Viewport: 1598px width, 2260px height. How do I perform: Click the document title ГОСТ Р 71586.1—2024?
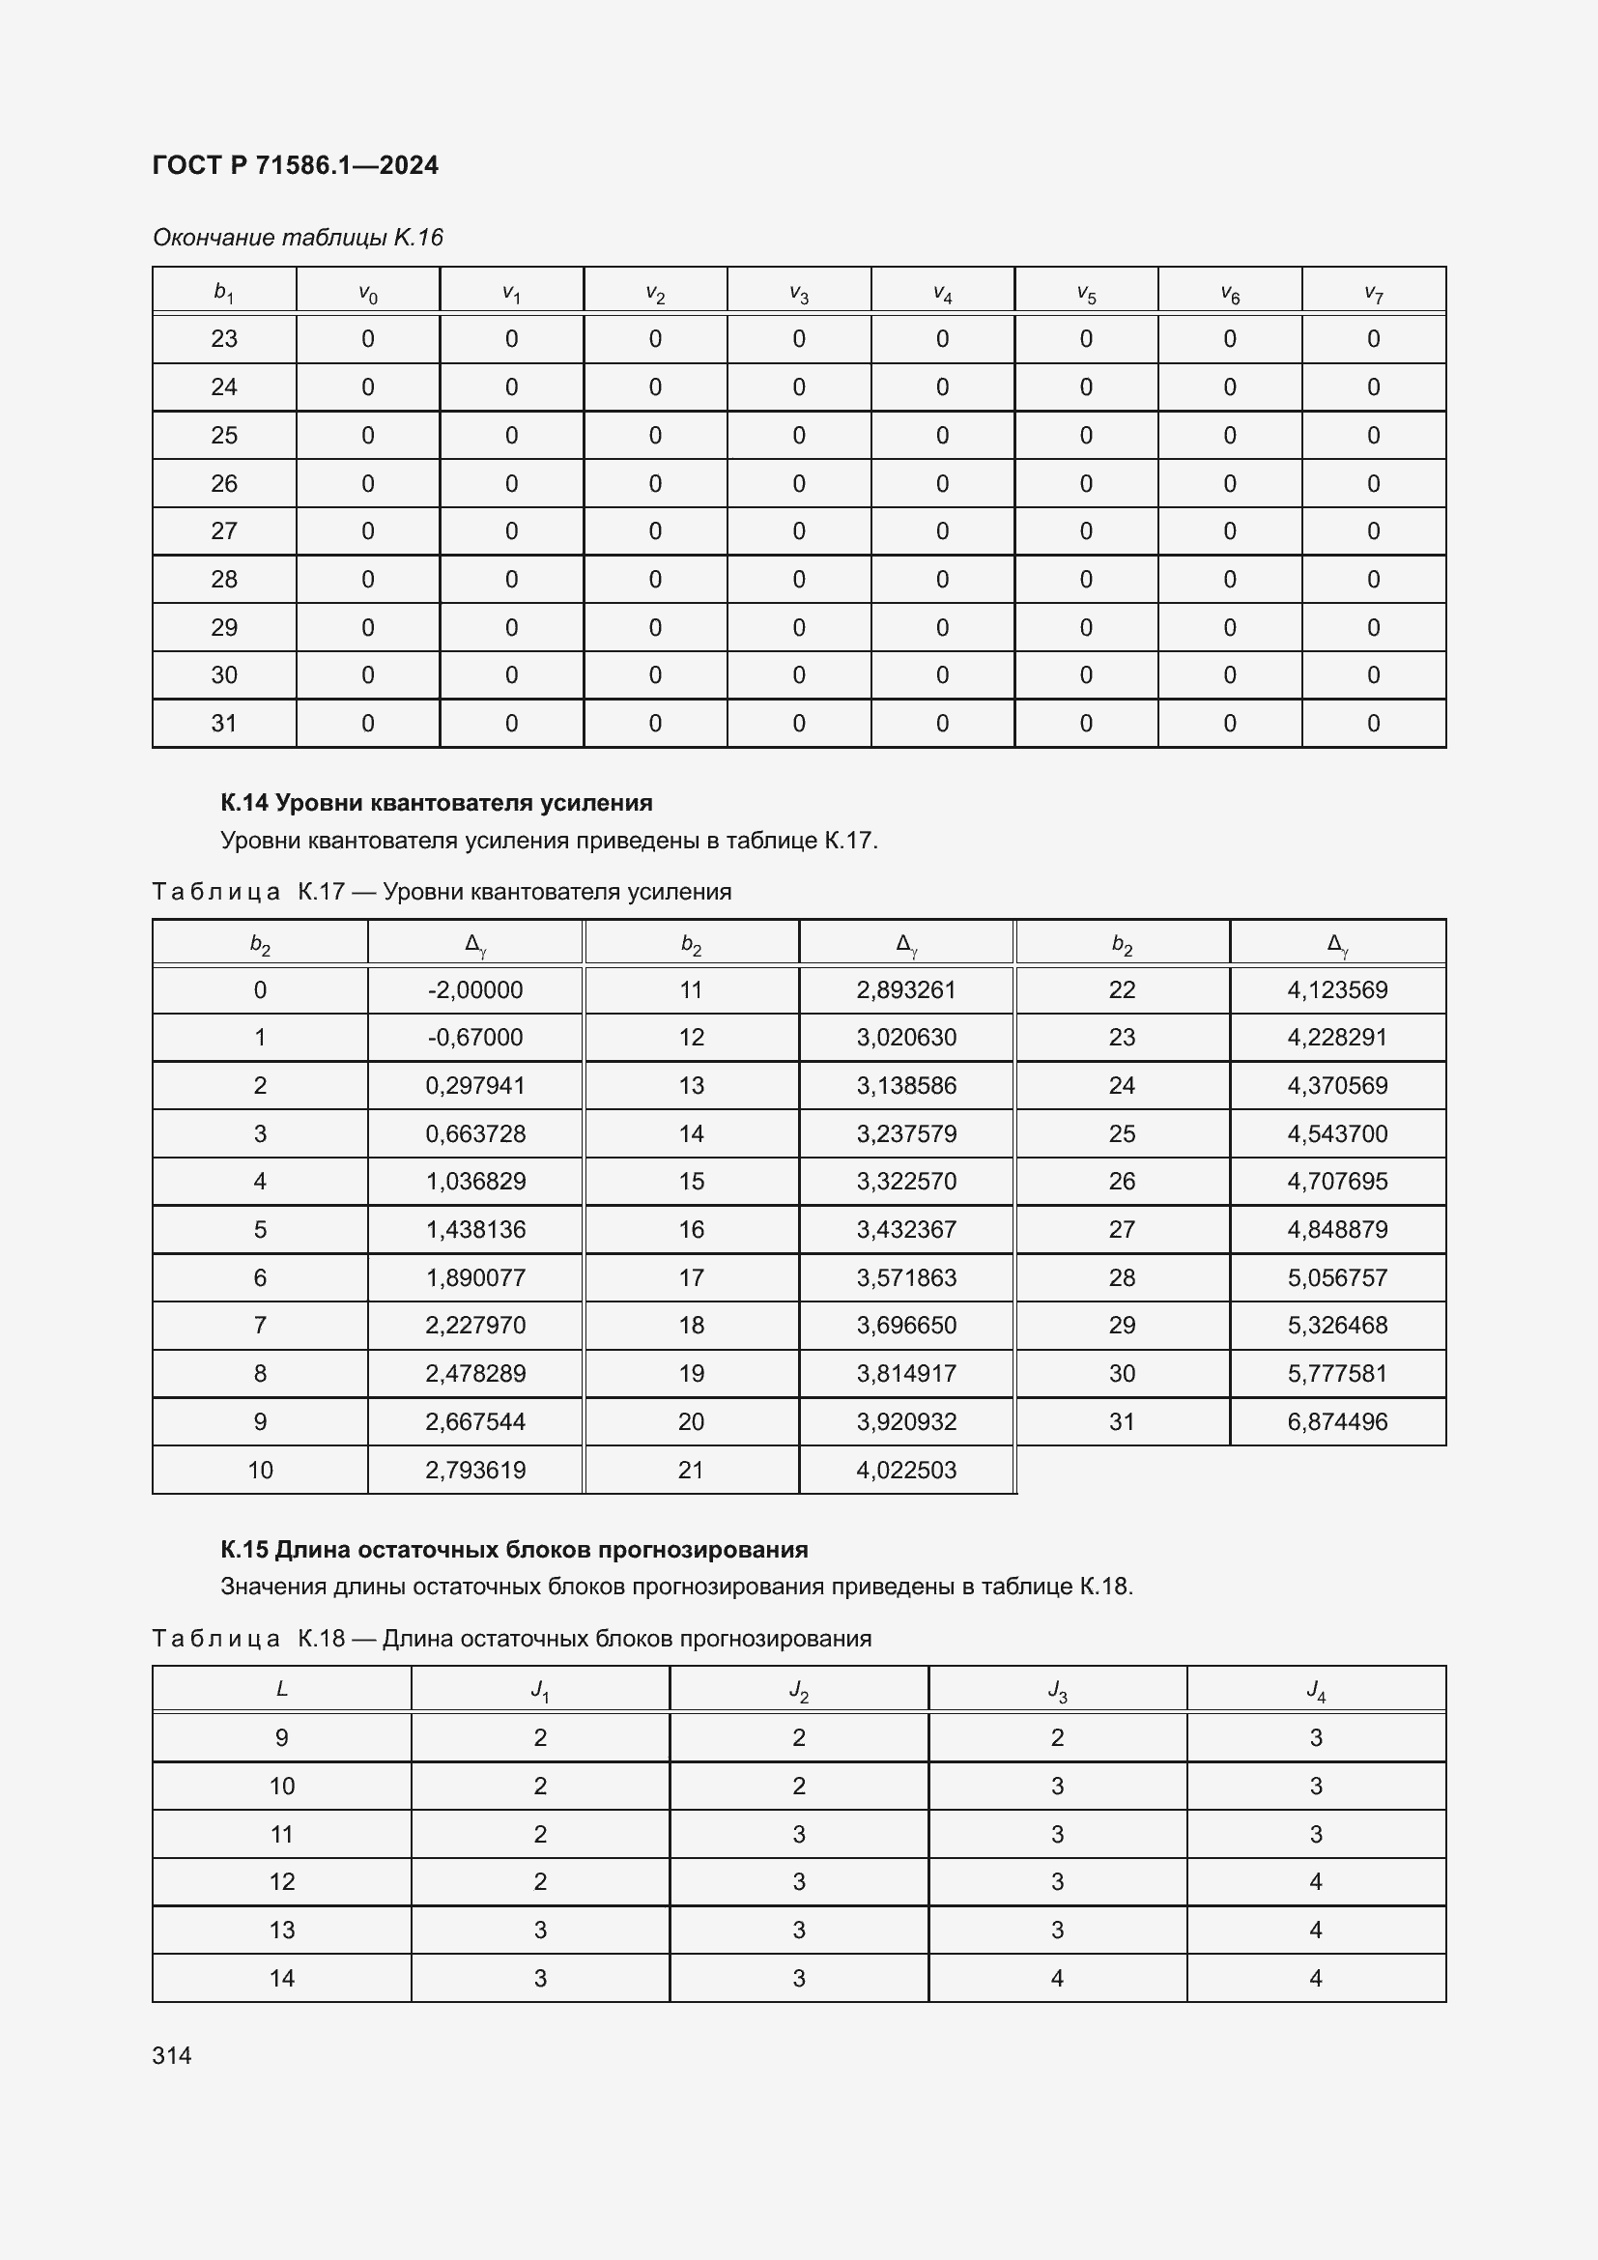(x=296, y=165)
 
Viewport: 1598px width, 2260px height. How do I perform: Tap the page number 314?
(x=172, y=2055)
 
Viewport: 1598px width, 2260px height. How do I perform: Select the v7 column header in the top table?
(x=1374, y=293)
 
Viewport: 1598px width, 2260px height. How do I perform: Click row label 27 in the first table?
(x=224, y=531)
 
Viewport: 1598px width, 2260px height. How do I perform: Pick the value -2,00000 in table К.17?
(x=475, y=990)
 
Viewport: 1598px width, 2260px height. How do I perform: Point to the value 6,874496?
(x=1337, y=1421)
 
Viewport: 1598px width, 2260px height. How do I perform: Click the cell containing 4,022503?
(x=906, y=1470)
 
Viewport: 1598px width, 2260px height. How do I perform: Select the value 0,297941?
(x=475, y=1086)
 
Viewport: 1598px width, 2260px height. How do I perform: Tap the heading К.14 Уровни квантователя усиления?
(x=436, y=803)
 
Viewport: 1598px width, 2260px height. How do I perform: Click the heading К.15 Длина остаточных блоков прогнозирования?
(x=514, y=1549)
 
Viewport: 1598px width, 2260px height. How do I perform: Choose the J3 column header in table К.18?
(x=1057, y=1690)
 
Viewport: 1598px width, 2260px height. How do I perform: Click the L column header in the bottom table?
(x=281, y=1690)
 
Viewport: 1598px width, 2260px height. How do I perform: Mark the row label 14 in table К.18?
(x=281, y=1979)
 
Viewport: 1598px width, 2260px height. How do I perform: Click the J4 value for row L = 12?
(x=1316, y=1882)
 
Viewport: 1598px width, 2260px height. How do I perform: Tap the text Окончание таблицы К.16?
(x=299, y=238)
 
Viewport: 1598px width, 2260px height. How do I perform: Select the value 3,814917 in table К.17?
(x=906, y=1373)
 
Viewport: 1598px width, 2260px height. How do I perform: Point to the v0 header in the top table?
(x=368, y=293)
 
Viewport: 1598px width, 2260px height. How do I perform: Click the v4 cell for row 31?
(x=942, y=724)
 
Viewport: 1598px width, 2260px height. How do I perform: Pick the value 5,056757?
(x=1337, y=1277)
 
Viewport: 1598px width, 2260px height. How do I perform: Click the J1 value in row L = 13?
(x=540, y=1931)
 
